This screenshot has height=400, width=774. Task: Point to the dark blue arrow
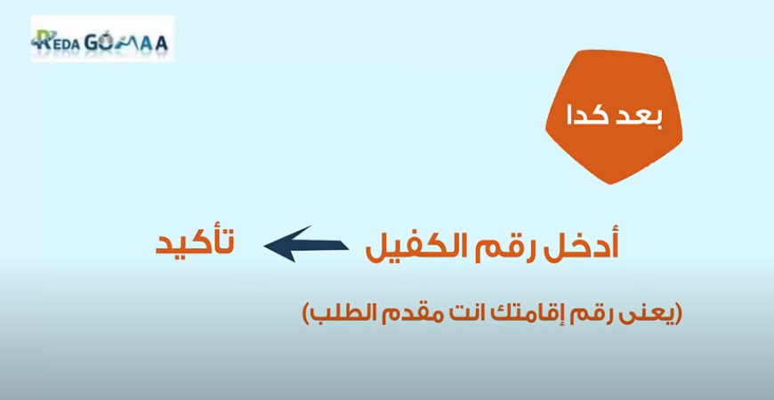306,244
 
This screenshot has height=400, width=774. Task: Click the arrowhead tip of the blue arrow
264,245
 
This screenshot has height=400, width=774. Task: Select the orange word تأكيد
195,243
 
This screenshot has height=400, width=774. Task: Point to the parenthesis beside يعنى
679,314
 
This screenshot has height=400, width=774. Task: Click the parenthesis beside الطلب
305,314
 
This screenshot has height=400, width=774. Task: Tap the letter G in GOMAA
93,44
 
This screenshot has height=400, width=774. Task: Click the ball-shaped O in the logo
109,42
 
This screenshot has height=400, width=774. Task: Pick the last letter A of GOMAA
161,44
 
